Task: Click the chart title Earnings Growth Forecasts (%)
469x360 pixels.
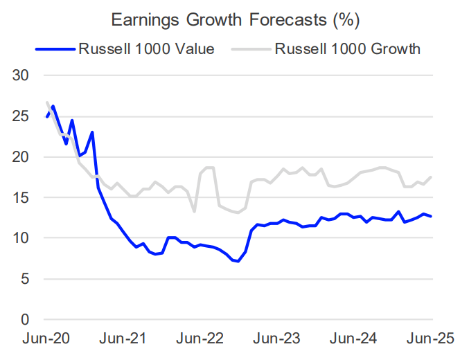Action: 234,20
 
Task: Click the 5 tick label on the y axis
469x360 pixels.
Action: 26,279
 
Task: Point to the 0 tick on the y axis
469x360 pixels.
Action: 26,320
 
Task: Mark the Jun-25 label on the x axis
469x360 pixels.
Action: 431,340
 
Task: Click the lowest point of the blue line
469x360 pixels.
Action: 238,262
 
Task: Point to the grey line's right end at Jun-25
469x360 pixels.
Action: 432,177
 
